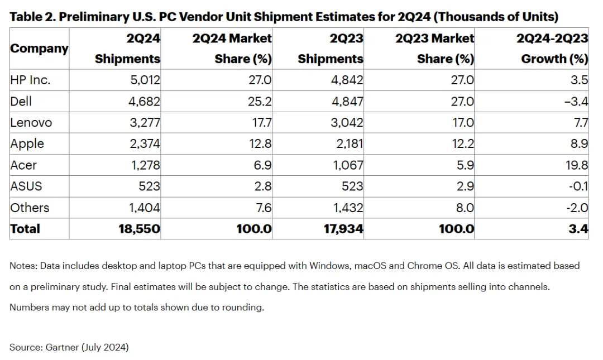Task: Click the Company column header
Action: tap(39, 49)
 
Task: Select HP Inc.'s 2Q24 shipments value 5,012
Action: tap(145, 80)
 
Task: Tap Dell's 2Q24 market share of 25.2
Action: tap(260, 102)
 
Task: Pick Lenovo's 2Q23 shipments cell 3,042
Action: tap(347, 123)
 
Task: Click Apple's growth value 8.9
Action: tap(579, 144)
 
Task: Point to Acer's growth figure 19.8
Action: tap(576, 165)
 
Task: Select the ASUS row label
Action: tap(26, 186)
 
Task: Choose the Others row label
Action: tap(30, 208)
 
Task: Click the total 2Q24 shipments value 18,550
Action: tap(139, 229)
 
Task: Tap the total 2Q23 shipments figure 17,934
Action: tap(343, 229)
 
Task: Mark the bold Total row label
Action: tap(25, 229)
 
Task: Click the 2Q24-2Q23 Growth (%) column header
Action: tap(552, 49)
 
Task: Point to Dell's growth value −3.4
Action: tap(576, 102)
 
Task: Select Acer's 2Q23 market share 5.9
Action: tap(465, 165)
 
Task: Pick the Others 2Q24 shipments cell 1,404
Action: tap(144, 208)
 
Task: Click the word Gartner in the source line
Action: tap(62, 347)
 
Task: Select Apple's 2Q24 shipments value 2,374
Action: tap(145, 144)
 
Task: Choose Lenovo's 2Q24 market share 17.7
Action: tap(261, 123)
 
